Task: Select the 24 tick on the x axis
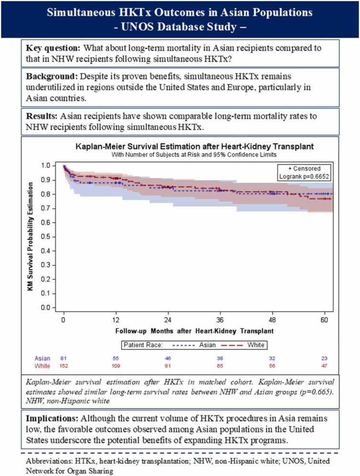(168, 319)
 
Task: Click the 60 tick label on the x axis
(324, 319)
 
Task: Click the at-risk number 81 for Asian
(63, 358)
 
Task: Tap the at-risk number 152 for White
(63, 366)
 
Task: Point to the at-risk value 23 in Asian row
(324, 358)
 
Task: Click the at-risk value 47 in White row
(324, 366)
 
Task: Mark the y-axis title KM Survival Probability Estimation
(33, 237)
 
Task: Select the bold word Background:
(53, 76)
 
